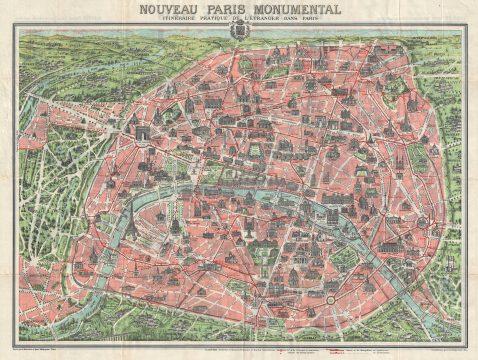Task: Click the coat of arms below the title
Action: coord(238,32)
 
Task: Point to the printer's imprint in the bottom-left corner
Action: coord(40,345)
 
